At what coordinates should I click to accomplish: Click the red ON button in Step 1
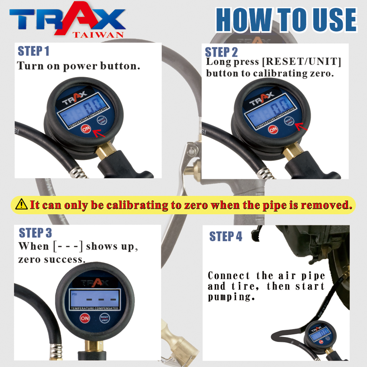tap(86, 128)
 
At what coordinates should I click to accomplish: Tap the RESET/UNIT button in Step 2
tap(289, 121)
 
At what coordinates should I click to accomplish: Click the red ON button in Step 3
tap(85, 318)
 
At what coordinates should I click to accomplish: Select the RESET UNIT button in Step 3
tap(104, 318)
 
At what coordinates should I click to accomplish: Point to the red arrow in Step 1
tap(99, 133)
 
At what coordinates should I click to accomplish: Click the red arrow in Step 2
tap(301, 127)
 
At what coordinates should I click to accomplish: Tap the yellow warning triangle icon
tap(22, 204)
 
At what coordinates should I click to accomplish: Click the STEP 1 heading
tap(33, 51)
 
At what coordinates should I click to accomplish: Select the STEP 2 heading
tap(221, 52)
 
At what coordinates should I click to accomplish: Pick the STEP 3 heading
tap(35, 233)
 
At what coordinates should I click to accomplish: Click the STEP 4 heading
tap(226, 236)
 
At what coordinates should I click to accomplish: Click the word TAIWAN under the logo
tap(98, 35)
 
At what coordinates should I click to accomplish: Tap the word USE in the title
tap(335, 20)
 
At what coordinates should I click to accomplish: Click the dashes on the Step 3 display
tap(101, 299)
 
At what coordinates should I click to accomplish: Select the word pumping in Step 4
tap(231, 297)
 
